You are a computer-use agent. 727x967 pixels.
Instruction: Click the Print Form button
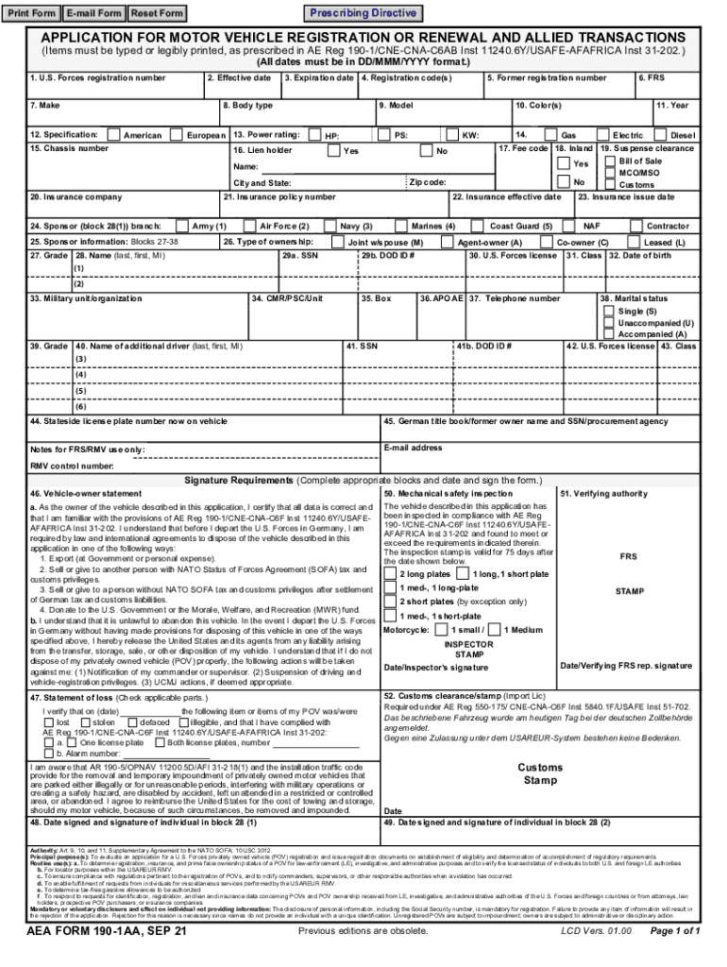point(32,13)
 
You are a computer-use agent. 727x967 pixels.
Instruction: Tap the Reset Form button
point(157,13)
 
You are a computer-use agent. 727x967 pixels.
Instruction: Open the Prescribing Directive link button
point(363,13)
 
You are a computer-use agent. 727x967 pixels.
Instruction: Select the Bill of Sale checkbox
point(609,161)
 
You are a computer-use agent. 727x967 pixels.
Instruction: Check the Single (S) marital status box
point(609,312)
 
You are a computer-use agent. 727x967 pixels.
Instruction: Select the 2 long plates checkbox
point(390,574)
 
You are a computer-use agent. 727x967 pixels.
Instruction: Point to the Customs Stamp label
point(539,774)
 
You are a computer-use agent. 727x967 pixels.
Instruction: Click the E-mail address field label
point(414,448)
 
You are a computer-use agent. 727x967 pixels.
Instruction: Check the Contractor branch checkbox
point(634,227)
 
